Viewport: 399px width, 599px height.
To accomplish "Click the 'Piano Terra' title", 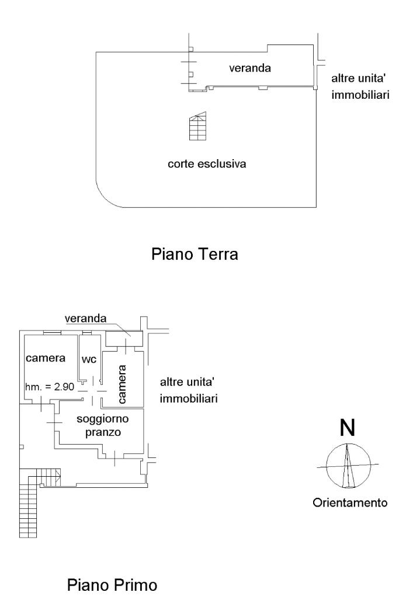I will tap(195, 255).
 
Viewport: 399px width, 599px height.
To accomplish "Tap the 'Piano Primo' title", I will tap(113, 584).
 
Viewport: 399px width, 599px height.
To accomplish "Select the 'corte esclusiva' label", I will tap(206, 164).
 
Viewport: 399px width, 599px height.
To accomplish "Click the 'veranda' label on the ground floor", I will tap(249, 68).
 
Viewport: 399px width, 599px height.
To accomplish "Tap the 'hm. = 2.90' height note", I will tap(50, 387).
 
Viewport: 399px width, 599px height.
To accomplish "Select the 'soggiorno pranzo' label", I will tap(102, 425).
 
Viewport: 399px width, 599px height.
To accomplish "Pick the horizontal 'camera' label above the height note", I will tap(44, 358).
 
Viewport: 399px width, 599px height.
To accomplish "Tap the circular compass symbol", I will tap(347, 466).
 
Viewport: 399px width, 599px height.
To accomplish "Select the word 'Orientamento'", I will tap(350, 502).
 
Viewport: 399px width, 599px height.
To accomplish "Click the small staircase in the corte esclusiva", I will tap(197, 126).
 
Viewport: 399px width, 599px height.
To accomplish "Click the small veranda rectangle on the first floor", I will tap(124, 338).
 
